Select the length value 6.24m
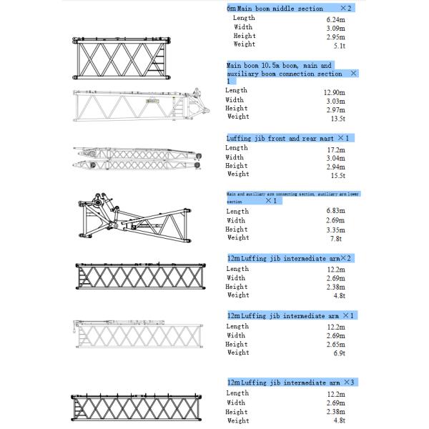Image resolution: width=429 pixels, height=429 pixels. pyautogui.click(x=336, y=19)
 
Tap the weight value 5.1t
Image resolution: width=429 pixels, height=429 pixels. pyautogui.click(x=340, y=45)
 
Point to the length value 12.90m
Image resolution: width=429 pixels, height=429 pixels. pyautogui.click(x=335, y=92)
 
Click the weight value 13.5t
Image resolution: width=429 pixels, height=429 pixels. pyautogui.click(x=338, y=118)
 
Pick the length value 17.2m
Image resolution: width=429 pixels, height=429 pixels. pyautogui.click(x=336, y=149)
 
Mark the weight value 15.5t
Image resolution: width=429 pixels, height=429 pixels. pyautogui.click(x=338, y=175)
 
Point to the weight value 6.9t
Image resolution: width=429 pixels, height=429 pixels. pyautogui.click(x=340, y=353)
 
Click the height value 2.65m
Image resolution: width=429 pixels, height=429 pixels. pyautogui.click(x=336, y=345)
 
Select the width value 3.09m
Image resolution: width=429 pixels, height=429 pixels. pyautogui.click(x=336, y=28)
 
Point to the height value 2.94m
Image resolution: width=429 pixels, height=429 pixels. pyautogui.click(x=336, y=167)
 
